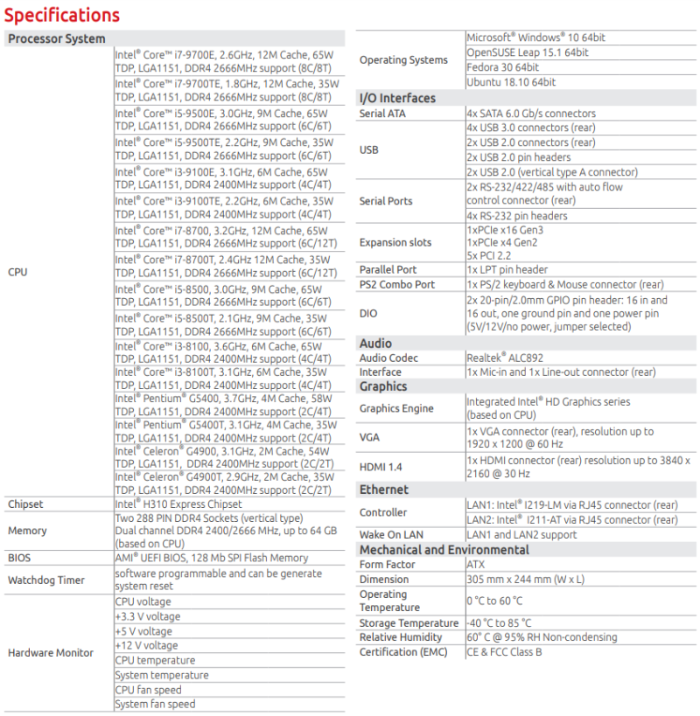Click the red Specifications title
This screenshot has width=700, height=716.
point(62,15)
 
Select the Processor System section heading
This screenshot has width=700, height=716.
point(57,38)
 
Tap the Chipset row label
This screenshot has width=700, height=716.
point(25,504)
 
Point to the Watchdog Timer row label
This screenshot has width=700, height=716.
point(46,580)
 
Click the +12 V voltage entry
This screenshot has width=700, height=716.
point(146,645)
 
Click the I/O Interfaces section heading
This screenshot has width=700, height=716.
point(397,98)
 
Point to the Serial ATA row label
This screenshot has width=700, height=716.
point(383,114)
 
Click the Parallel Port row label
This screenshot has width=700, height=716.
point(388,270)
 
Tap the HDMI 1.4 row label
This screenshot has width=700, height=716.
point(382,467)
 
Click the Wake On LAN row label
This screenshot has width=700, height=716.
point(391,534)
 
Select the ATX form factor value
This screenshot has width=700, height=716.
point(477,565)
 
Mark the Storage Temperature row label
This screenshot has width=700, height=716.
point(409,623)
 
